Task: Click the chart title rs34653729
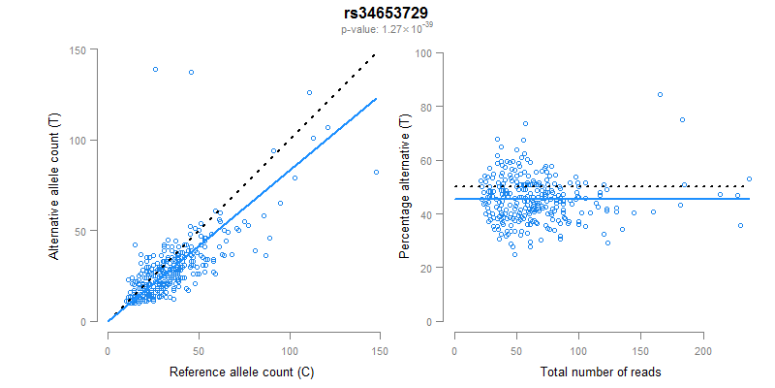387,13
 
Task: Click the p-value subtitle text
387,29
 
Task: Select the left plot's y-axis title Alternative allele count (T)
55,185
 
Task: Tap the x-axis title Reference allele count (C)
241,372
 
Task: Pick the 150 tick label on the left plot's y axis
88,49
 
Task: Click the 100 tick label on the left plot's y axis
88,140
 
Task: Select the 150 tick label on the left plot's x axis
380,349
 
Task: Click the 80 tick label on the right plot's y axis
424,107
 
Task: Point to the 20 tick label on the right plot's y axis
424,268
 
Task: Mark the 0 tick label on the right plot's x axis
454,349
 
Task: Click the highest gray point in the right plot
660,94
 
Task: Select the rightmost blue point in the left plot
376,172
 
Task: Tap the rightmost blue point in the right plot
749,178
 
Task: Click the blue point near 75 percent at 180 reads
682,119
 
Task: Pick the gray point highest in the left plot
310,93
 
